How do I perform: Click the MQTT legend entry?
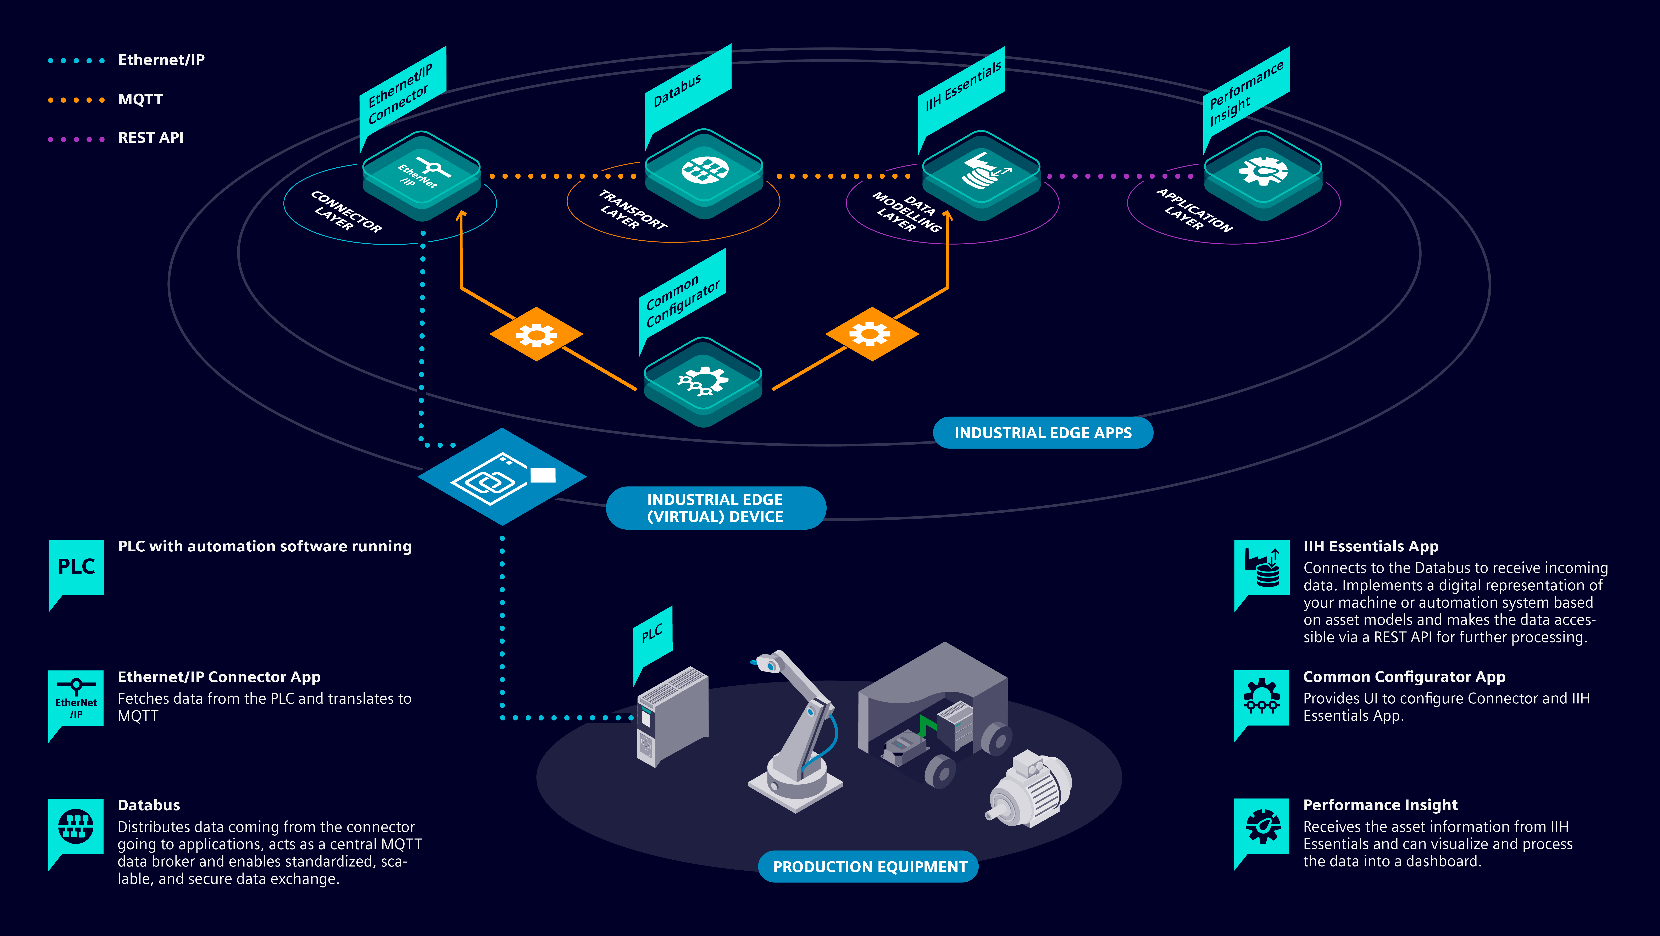[x=140, y=99]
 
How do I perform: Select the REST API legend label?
[x=150, y=138]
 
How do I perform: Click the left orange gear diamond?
[x=536, y=334]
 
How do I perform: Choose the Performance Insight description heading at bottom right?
[x=1380, y=805]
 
